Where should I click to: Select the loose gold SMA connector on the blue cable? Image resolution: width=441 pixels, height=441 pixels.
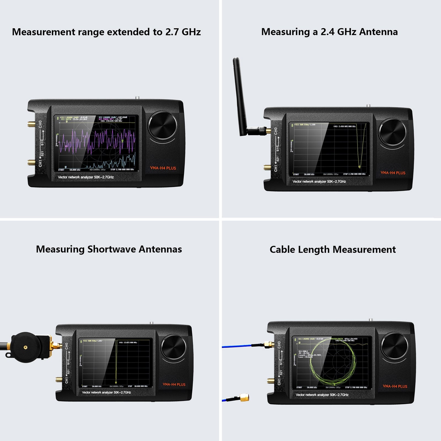point(244,397)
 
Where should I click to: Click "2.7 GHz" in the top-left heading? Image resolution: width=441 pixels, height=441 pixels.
point(183,32)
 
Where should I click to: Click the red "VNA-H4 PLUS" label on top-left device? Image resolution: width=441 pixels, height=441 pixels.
point(163,168)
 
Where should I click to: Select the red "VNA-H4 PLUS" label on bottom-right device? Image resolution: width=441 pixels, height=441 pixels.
point(395,386)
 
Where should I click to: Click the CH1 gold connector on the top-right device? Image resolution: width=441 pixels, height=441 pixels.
point(267,167)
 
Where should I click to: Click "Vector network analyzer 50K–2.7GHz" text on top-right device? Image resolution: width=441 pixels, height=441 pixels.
point(319,182)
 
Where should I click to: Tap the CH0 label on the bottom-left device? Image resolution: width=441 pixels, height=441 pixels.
point(66,346)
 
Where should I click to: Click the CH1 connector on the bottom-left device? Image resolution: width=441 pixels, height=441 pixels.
point(59,380)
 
